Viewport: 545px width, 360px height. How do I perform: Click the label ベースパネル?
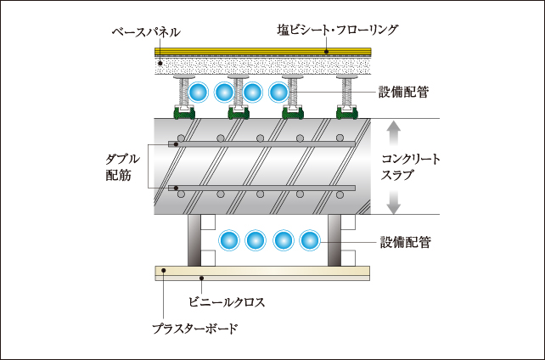click(146, 32)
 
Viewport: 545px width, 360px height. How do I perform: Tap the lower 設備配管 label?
click(403, 242)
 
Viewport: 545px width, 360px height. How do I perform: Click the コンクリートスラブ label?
click(410, 166)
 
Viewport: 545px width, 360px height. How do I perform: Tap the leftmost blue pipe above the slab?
click(199, 91)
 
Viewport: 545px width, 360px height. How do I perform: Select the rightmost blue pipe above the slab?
click(279, 91)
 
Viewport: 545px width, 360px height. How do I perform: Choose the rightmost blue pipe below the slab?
click(310, 241)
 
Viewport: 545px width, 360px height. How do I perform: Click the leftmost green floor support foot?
click(183, 111)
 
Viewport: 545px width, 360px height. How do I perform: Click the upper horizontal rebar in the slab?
click(263, 144)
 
